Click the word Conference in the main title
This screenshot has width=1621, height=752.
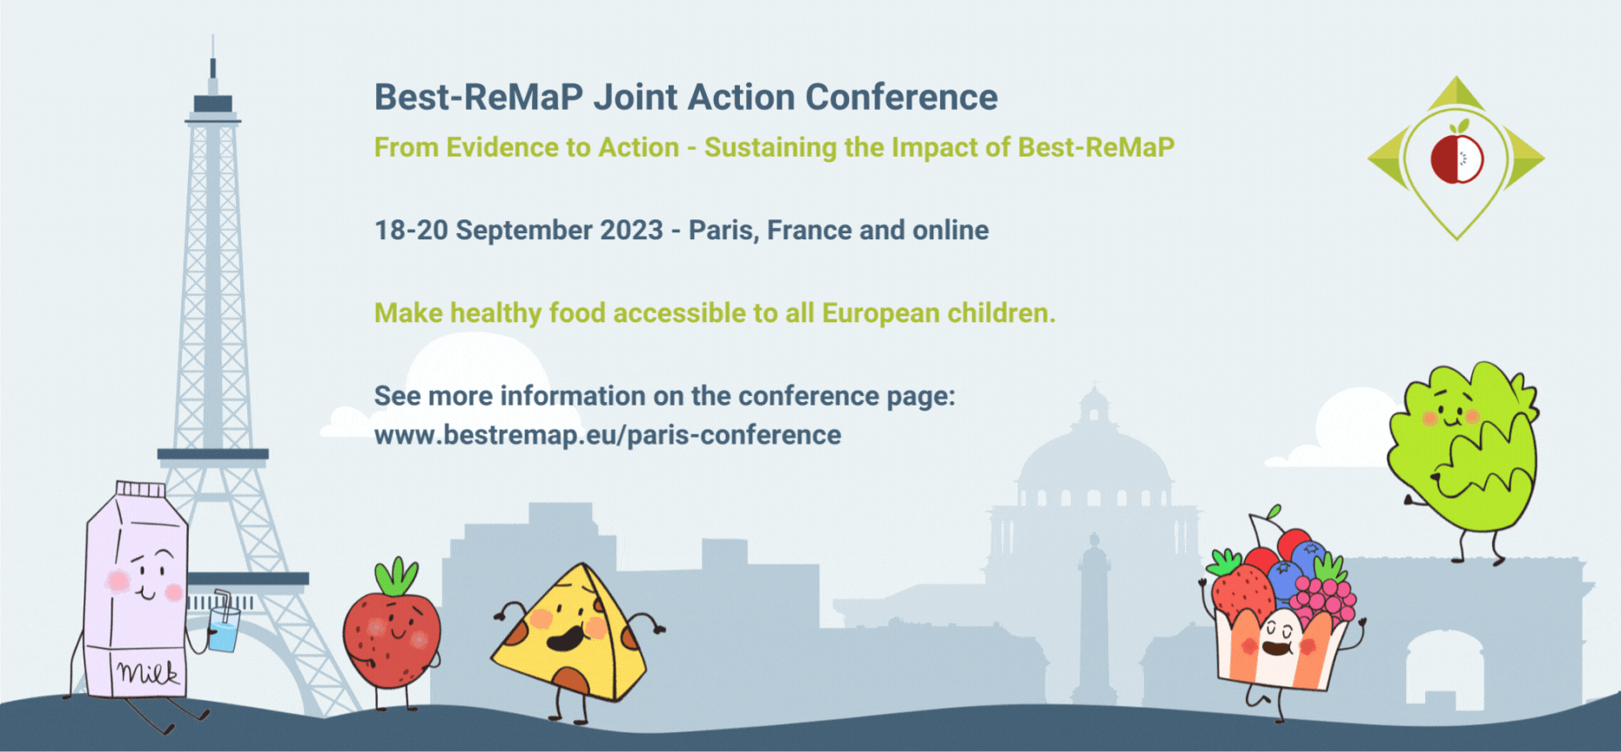[x=901, y=97]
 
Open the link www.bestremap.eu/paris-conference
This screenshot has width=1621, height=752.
[x=608, y=434]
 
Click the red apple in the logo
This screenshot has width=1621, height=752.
[x=1456, y=157]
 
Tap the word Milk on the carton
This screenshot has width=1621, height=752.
[x=148, y=672]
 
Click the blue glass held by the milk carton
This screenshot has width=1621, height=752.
[x=224, y=628]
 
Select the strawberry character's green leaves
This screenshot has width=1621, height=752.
[x=396, y=576]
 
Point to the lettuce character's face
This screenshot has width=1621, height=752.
[x=1449, y=414]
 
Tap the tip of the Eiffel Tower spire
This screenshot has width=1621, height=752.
[x=212, y=36]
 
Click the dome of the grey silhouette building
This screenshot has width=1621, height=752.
[x=1094, y=457]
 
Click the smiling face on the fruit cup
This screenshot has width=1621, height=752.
[x=1278, y=638]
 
